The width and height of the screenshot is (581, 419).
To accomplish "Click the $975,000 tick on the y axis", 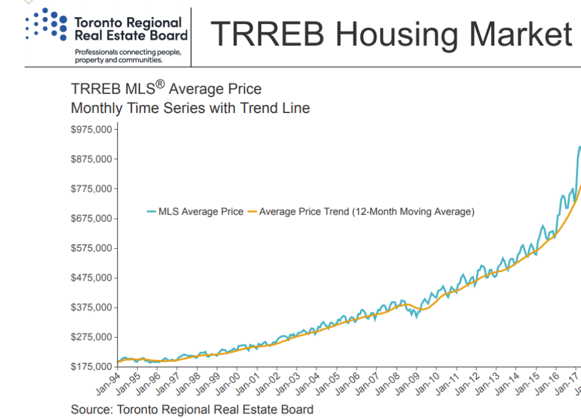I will tap(92, 130).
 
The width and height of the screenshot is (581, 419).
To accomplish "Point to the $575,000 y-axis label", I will tap(92, 248).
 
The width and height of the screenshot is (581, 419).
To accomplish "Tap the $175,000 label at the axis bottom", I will tap(92, 367).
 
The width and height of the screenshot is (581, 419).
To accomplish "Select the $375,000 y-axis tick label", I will tap(92, 307).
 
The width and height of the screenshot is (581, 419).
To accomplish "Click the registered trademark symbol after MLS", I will tap(160, 84).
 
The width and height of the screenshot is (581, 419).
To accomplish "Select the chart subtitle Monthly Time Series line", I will tap(190, 108).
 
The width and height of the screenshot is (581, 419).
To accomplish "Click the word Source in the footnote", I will tap(91, 409).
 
